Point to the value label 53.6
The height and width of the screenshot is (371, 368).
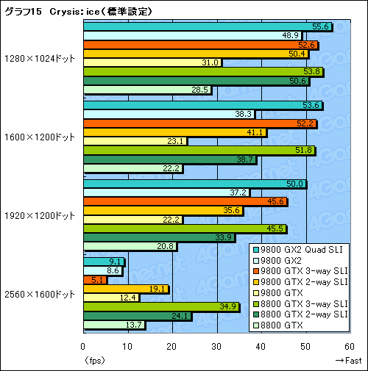[x=312, y=105]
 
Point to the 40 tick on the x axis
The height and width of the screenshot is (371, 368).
[x=258, y=347]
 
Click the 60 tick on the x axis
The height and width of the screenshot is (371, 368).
[x=346, y=347]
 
